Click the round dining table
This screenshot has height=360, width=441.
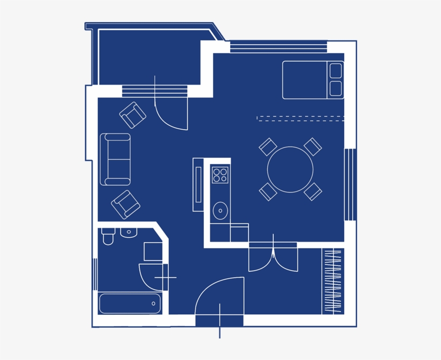290,170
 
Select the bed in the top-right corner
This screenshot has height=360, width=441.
312,80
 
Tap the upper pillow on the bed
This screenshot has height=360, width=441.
336,71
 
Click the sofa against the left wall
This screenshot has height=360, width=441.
116,159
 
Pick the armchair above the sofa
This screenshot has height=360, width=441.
133,115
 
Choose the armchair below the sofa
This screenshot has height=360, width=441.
125,204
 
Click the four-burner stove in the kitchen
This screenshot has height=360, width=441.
220,175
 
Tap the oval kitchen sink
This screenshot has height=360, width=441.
220,210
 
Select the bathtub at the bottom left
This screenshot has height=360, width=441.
130,303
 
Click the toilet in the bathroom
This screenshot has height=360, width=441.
108,236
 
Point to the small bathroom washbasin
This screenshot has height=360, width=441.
129,232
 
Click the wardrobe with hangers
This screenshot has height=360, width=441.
333,281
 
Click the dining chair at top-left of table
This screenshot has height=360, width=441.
268,147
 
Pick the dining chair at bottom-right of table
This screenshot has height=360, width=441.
312,192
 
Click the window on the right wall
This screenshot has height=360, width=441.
350,185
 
